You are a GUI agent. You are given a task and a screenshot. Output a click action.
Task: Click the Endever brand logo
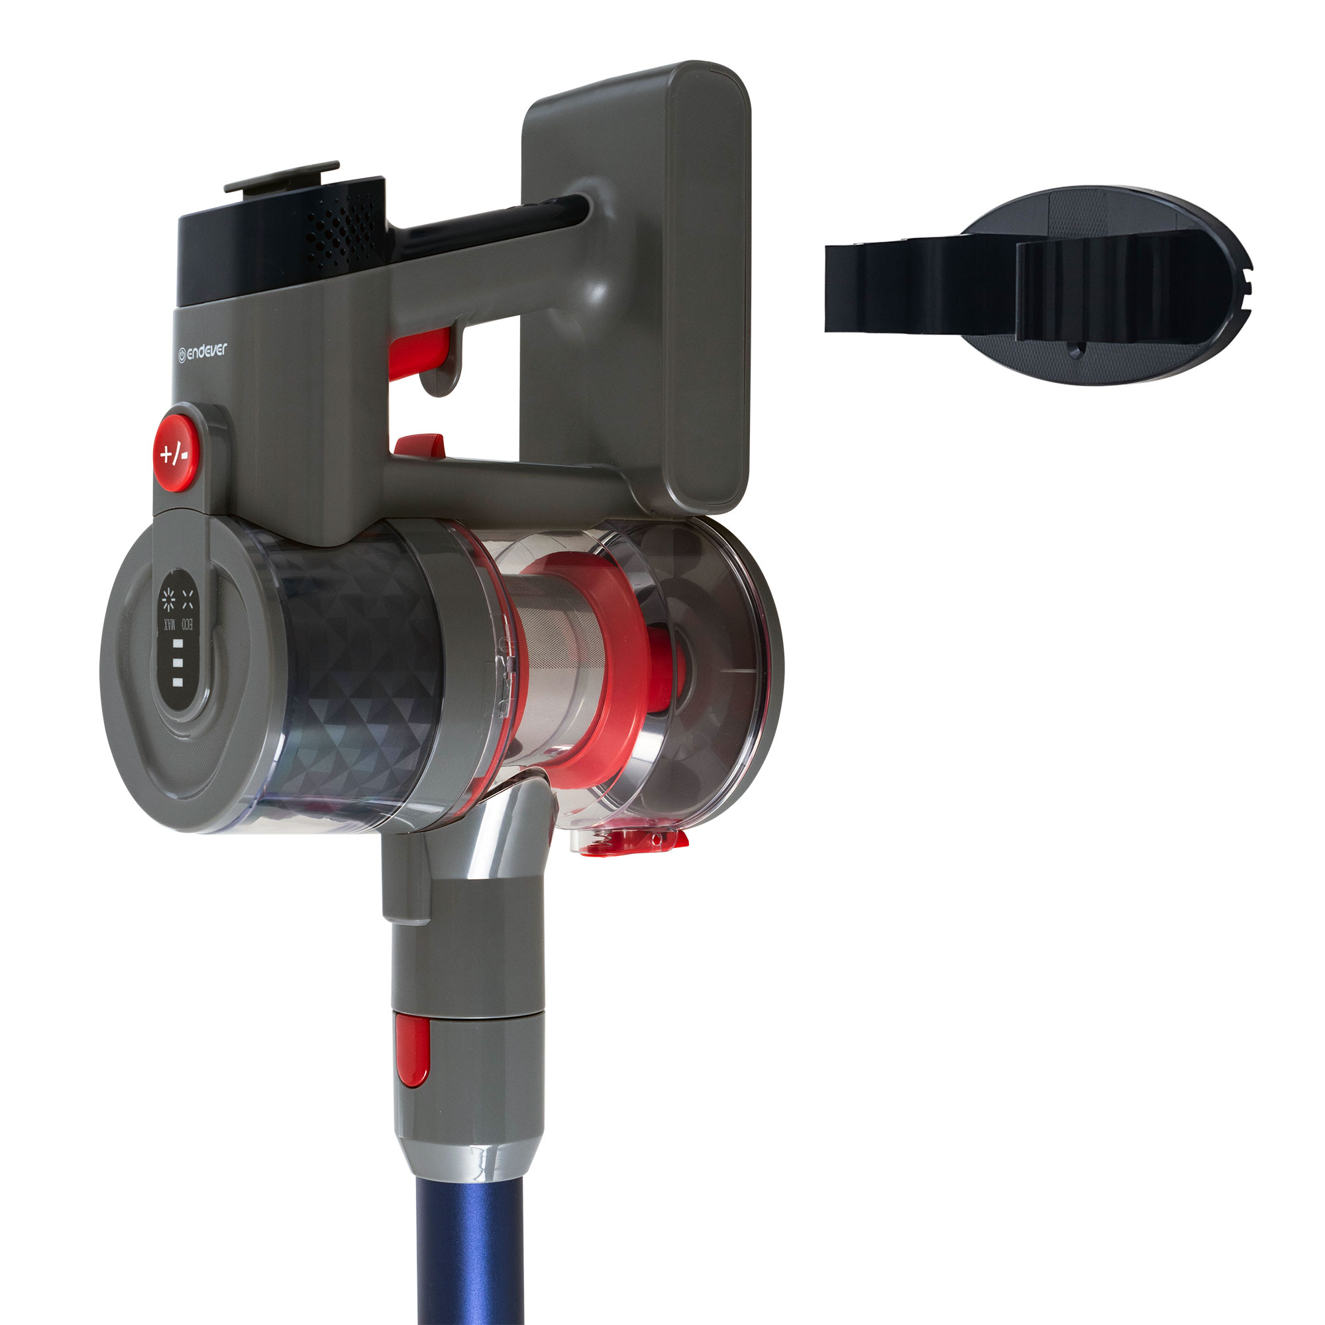point(202,352)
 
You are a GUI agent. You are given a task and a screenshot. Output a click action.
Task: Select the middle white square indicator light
point(178,663)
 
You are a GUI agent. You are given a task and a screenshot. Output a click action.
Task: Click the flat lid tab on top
point(282,177)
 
